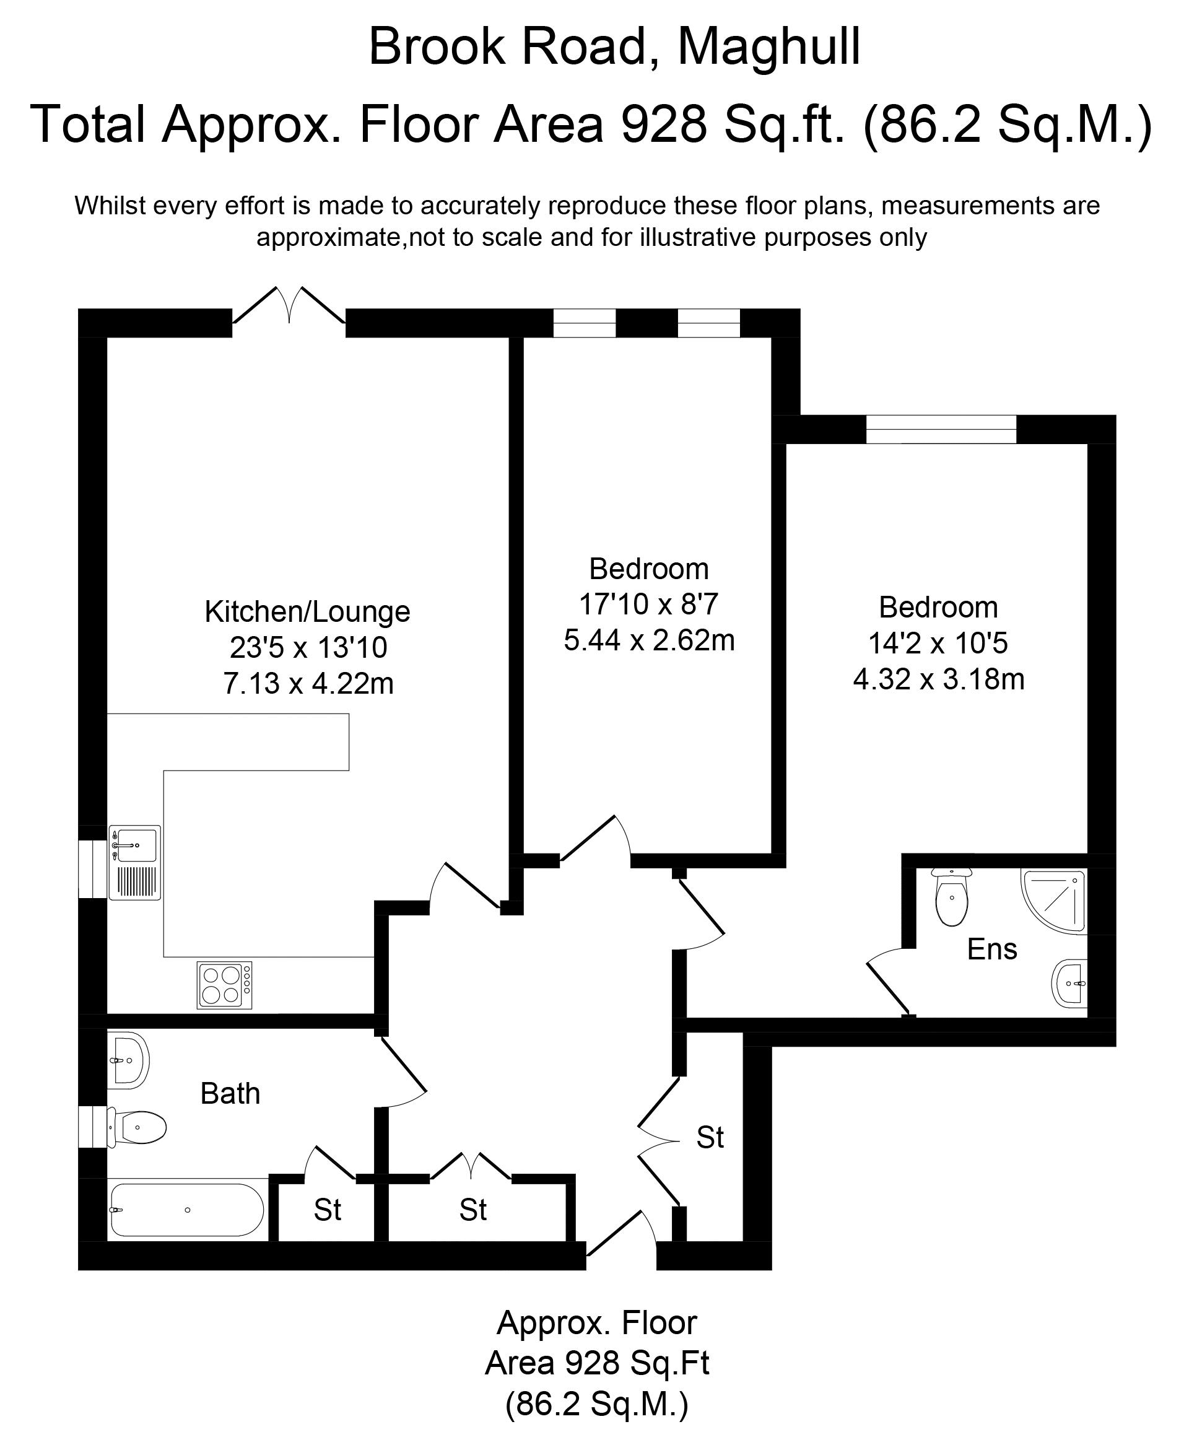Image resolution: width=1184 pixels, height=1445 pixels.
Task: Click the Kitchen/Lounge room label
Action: click(307, 611)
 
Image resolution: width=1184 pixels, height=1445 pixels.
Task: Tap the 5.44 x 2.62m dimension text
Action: click(648, 640)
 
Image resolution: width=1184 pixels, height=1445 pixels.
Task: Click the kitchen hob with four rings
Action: click(224, 985)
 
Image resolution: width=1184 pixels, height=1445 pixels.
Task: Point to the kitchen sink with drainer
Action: click(134, 862)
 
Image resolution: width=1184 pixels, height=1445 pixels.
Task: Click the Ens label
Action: click(991, 949)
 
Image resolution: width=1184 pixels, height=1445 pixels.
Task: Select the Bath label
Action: click(230, 1094)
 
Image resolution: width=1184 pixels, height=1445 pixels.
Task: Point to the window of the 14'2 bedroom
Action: click(941, 429)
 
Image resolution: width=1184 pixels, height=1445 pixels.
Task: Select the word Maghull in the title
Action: click(768, 46)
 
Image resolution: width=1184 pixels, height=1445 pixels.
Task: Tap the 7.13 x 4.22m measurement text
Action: click(308, 683)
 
